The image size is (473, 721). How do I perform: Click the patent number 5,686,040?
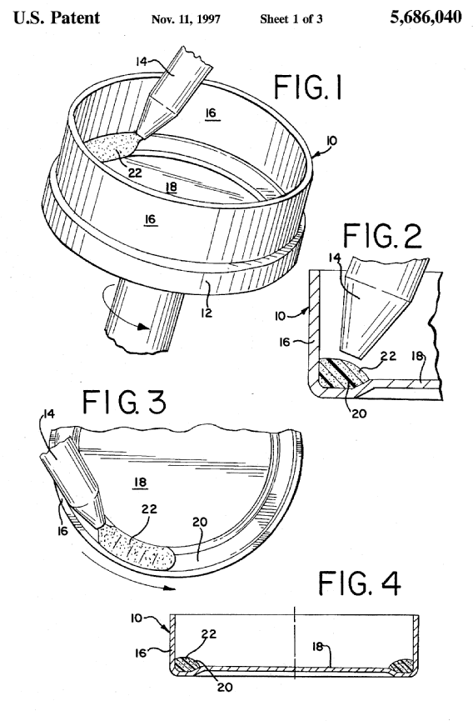(426, 18)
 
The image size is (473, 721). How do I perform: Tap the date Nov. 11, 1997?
(186, 19)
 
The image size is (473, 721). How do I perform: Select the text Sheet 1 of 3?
(291, 19)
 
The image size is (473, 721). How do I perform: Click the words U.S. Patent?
(57, 18)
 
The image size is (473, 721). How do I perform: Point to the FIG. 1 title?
(307, 88)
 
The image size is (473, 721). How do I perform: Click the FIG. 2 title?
(382, 235)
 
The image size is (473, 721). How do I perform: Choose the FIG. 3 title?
(124, 401)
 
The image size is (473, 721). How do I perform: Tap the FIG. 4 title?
(360, 583)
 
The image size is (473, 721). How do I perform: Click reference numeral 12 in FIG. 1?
(207, 313)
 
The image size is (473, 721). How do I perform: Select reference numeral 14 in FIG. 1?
(142, 61)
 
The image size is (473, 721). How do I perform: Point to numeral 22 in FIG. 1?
(135, 173)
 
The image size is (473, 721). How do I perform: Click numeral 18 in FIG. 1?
(171, 187)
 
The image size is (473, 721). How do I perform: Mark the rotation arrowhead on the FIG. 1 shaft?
(143, 327)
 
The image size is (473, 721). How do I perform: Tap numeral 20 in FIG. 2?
(359, 413)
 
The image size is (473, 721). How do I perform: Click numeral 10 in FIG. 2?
(281, 316)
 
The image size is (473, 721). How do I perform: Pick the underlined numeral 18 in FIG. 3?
(141, 482)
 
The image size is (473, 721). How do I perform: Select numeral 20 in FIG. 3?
(200, 522)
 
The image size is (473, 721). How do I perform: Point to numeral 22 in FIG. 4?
(208, 634)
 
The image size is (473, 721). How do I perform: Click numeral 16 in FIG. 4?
(141, 653)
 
